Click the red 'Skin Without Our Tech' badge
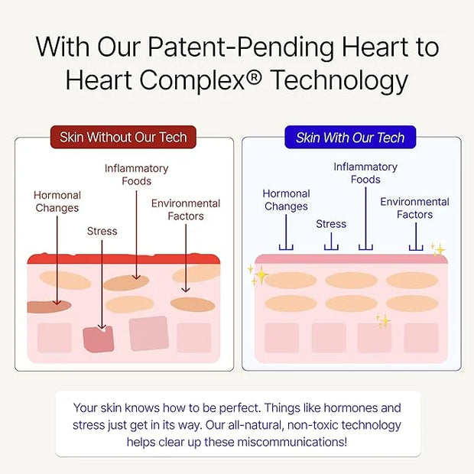(x=123, y=138)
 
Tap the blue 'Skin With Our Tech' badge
(x=350, y=138)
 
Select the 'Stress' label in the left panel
(x=102, y=231)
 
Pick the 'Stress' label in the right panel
(x=331, y=224)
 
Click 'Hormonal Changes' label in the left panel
(x=57, y=202)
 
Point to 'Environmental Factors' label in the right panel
(x=414, y=208)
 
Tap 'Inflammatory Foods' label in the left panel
(x=137, y=175)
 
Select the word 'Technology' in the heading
(x=339, y=81)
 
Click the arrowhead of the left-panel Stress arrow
(x=102, y=327)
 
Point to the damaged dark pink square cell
(x=99, y=339)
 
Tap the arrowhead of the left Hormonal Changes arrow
(x=57, y=302)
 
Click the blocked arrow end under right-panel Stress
(x=331, y=247)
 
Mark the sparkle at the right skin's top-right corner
(x=438, y=249)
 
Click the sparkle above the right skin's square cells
(x=384, y=321)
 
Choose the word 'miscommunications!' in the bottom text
(x=292, y=442)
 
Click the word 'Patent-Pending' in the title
(x=241, y=47)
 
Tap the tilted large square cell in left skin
(x=149, y=333)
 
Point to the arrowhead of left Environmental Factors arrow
(x=186, y=290)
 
